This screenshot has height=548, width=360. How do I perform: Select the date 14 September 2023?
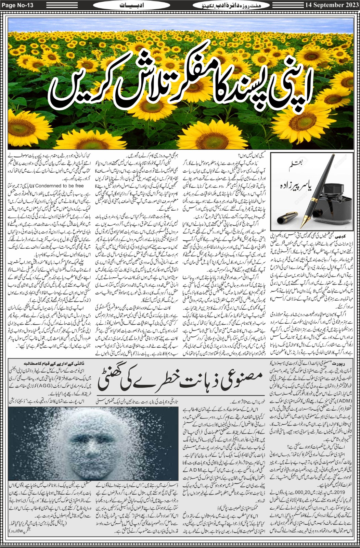click(331, 5)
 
